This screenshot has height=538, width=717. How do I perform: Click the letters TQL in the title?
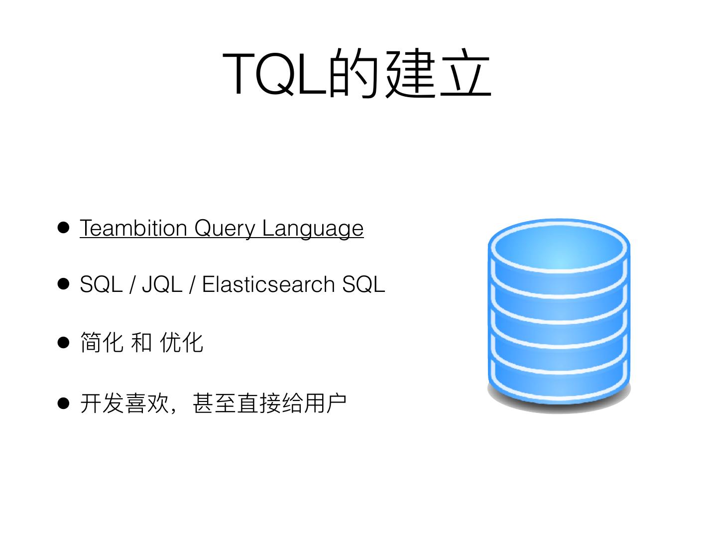point(275,73)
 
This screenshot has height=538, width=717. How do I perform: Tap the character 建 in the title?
point(410,73)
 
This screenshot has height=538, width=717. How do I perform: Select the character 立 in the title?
point(465,73)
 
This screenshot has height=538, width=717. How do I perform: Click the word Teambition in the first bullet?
point(133,228)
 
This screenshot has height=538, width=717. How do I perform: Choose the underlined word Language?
point(313,229)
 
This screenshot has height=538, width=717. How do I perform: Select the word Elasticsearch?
point(268,284)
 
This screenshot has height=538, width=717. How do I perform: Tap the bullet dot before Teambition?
point(63,228)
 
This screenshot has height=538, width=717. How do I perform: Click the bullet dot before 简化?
point(63,343)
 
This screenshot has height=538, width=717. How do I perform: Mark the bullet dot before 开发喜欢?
point(63,403)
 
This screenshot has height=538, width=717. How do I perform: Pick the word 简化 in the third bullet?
point(102,343)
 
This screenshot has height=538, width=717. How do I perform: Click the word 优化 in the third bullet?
point(181,343)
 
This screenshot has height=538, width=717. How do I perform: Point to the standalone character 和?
point(141,343)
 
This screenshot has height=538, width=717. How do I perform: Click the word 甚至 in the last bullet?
point(214,403)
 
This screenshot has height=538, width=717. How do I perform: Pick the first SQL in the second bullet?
point(101,284)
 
